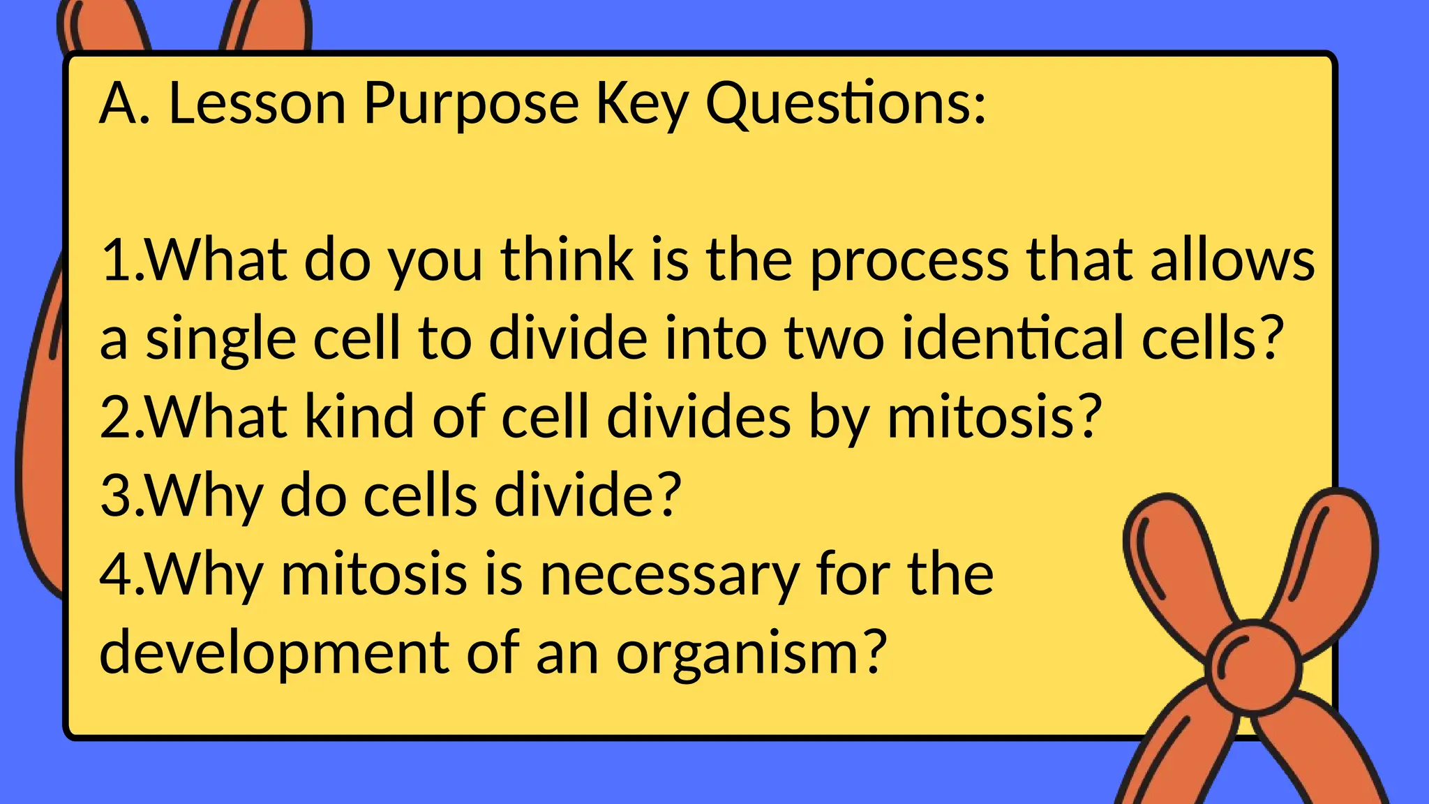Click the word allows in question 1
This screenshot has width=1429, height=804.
tap(1232, 260)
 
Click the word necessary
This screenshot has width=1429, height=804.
tap(670, 575)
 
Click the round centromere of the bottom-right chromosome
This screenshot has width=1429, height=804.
tap(1253, 667)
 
